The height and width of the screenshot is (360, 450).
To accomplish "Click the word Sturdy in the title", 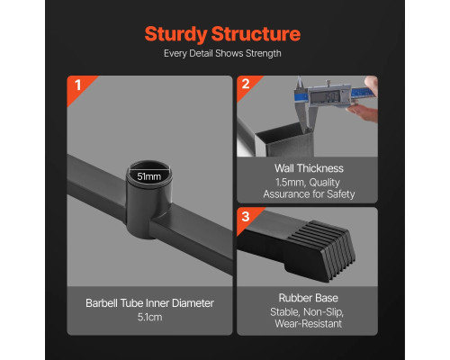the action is coord(175,34).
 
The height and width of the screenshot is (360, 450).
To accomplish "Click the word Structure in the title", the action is coord(256,33).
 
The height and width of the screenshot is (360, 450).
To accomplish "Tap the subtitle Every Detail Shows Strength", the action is coord(222,54).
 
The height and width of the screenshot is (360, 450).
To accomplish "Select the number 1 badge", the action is coord(77,85).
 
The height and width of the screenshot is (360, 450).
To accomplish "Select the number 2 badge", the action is coord(246,84).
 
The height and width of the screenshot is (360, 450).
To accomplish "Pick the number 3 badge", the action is coord(246,216).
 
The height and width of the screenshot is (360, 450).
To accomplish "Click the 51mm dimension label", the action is coord(149,176).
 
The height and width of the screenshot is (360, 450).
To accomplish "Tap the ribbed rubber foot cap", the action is coord(320,250).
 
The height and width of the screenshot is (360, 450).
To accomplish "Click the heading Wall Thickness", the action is coord(309,168).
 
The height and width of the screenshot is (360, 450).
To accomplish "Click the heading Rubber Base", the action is coord(308,298).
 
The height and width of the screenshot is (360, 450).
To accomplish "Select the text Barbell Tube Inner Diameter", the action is coord(149,303).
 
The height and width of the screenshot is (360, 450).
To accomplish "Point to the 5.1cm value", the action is coord(149,317).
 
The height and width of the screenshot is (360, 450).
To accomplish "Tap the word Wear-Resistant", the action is coord(308,324).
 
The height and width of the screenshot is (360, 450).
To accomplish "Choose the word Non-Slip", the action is coord(323,312).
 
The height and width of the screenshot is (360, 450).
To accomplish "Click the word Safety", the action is coord(341,194).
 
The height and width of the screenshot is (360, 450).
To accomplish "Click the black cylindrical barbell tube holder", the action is coord(149,200).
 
